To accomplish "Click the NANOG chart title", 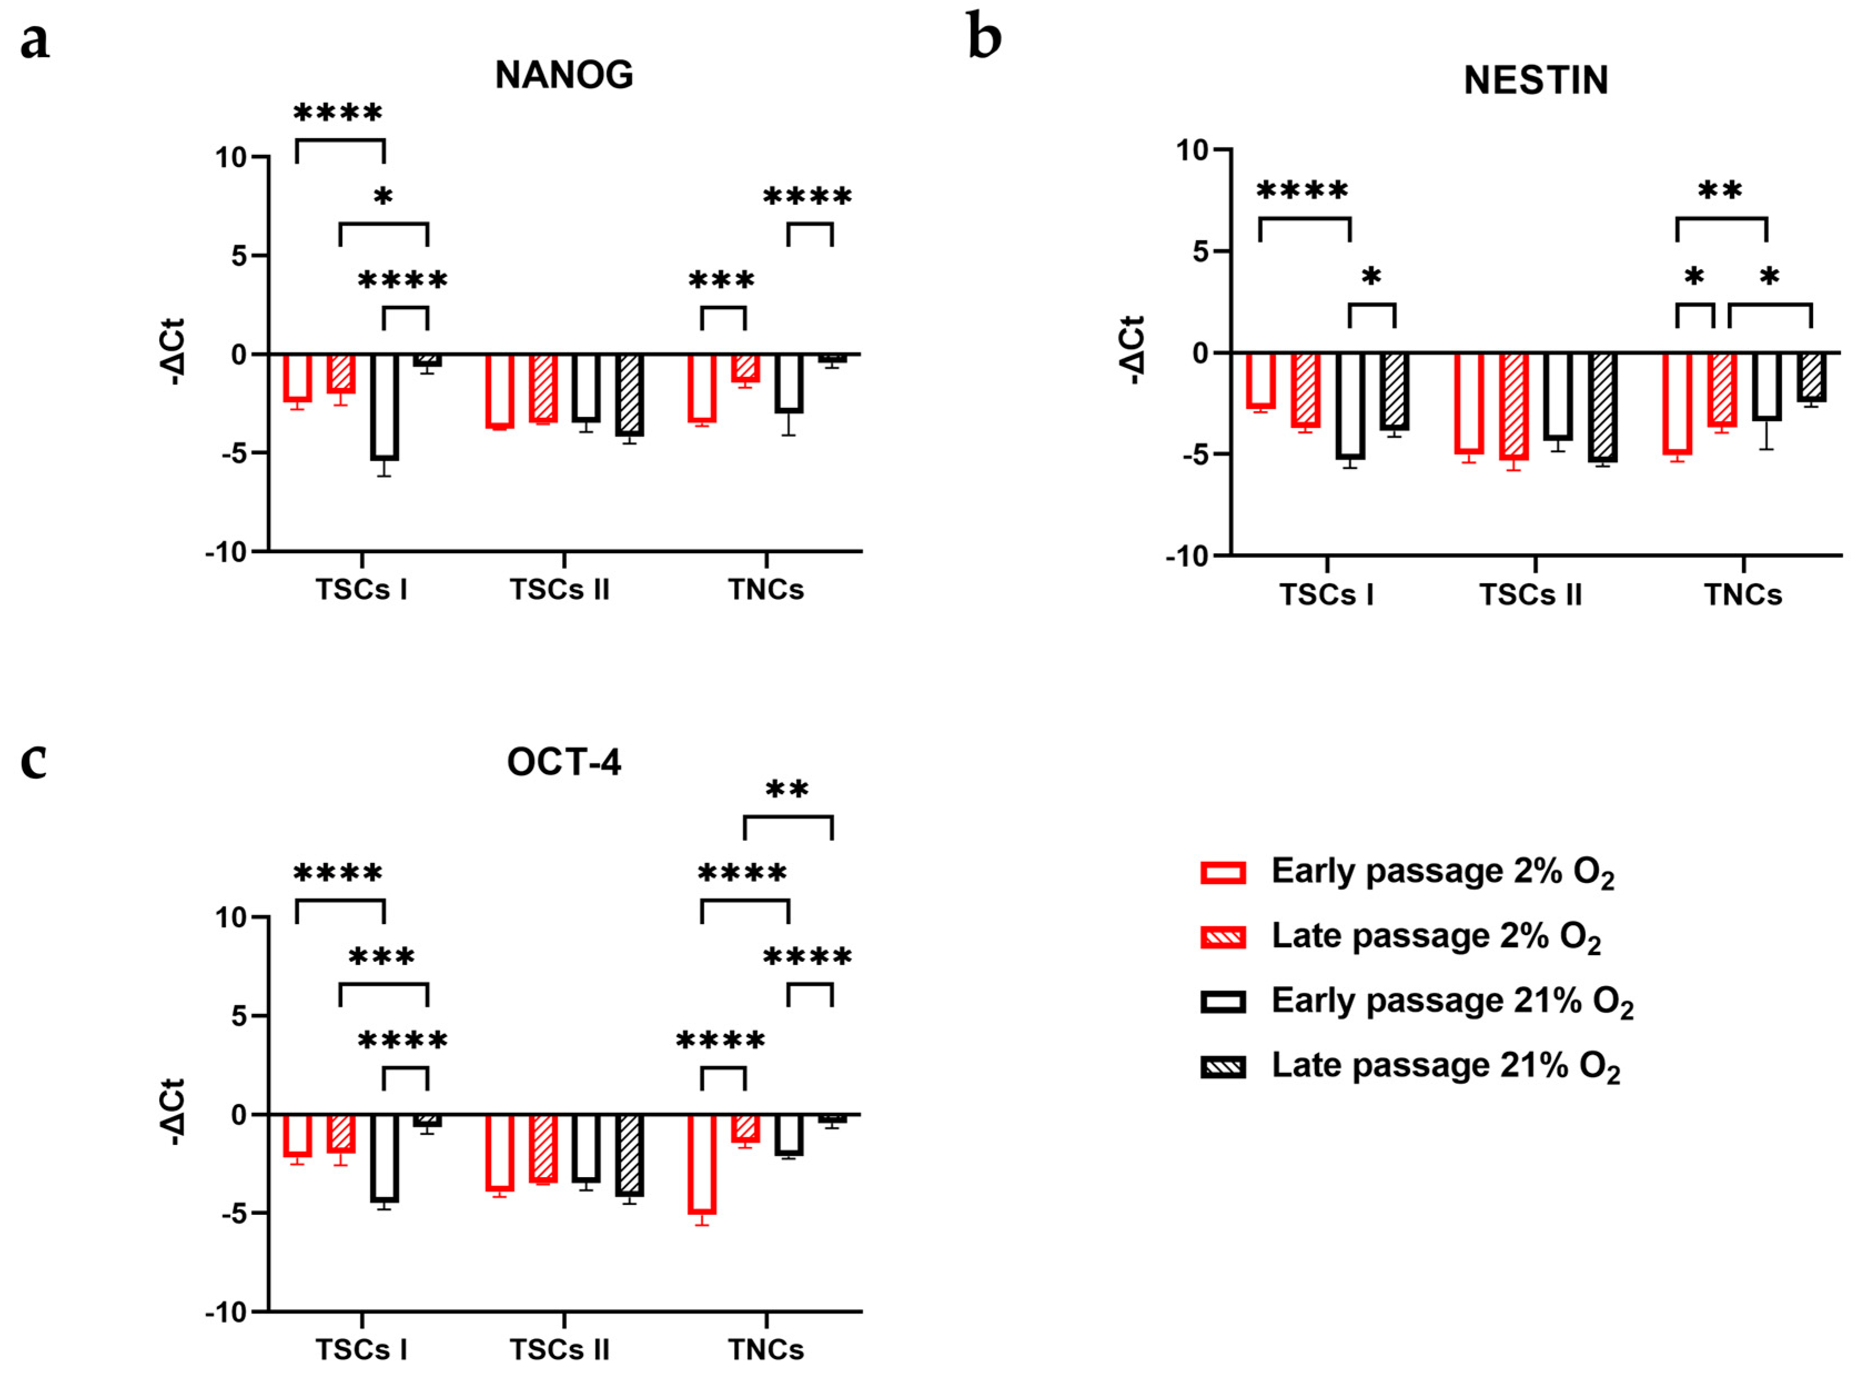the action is coord(564,75).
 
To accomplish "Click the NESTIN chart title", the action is coord(1535,80).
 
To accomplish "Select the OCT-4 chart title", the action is coord(564,761).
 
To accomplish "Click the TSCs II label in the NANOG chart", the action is coord(559,590).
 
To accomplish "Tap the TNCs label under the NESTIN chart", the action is coord(1742,595).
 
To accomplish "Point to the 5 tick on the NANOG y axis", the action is coord(239,255).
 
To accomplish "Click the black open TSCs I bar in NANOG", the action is coord(384,407).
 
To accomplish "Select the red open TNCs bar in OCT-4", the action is coord(701,1164).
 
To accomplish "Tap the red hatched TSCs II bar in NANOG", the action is coord(543,388).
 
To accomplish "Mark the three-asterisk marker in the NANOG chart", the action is coord(721,280).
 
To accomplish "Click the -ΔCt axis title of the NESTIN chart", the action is coord(1132,350).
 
